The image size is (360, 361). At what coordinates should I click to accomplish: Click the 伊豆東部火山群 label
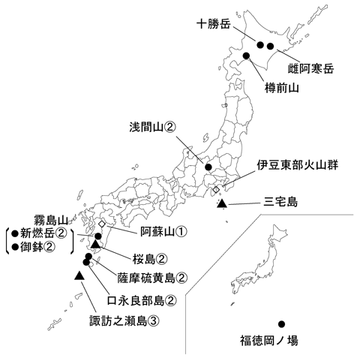(x=295, y=164)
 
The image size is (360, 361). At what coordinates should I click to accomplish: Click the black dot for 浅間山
(x=209, y=168)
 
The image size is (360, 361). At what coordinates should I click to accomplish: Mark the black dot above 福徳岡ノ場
(x=281, y=324)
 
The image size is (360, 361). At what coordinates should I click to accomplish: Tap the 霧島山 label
(x=51, y=220)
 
